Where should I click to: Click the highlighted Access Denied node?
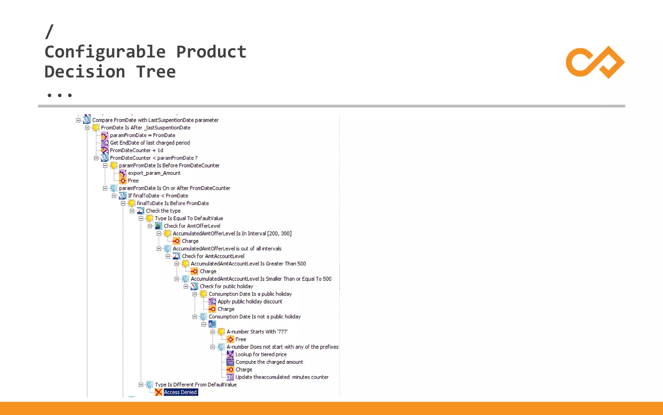click(x=180, y=392)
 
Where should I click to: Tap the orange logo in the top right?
click(x=595, y=62)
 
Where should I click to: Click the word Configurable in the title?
click(x=105, y=52)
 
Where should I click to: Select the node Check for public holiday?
click(x=226, y=286)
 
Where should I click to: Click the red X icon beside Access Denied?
click(x=159, y=392)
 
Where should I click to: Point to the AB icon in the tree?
click(x=212, y=324)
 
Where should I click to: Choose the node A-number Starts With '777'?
click(x=257, y=332)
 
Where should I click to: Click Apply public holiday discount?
click(x=250, y=302)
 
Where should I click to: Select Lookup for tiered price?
click(x=261, y=354)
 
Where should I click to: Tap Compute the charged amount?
click(x=269, y=362)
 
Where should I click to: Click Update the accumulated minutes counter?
click(x=282, y=377)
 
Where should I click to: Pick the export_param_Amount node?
click(x=154, y=173)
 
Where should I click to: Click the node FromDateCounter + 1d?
click(x=136, y=150)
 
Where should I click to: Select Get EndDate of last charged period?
click(x=150, y=143)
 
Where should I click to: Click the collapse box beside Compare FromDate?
click(x=78, y=120)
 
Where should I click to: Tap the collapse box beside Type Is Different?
click(x=141, y=385)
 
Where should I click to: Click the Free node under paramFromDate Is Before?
click(x=133, y=181)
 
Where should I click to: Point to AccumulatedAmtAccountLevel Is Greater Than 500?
click(x=248, y=264)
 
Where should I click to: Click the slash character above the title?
click(x=50, y=31)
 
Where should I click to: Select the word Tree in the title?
click(x=156, y=72)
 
